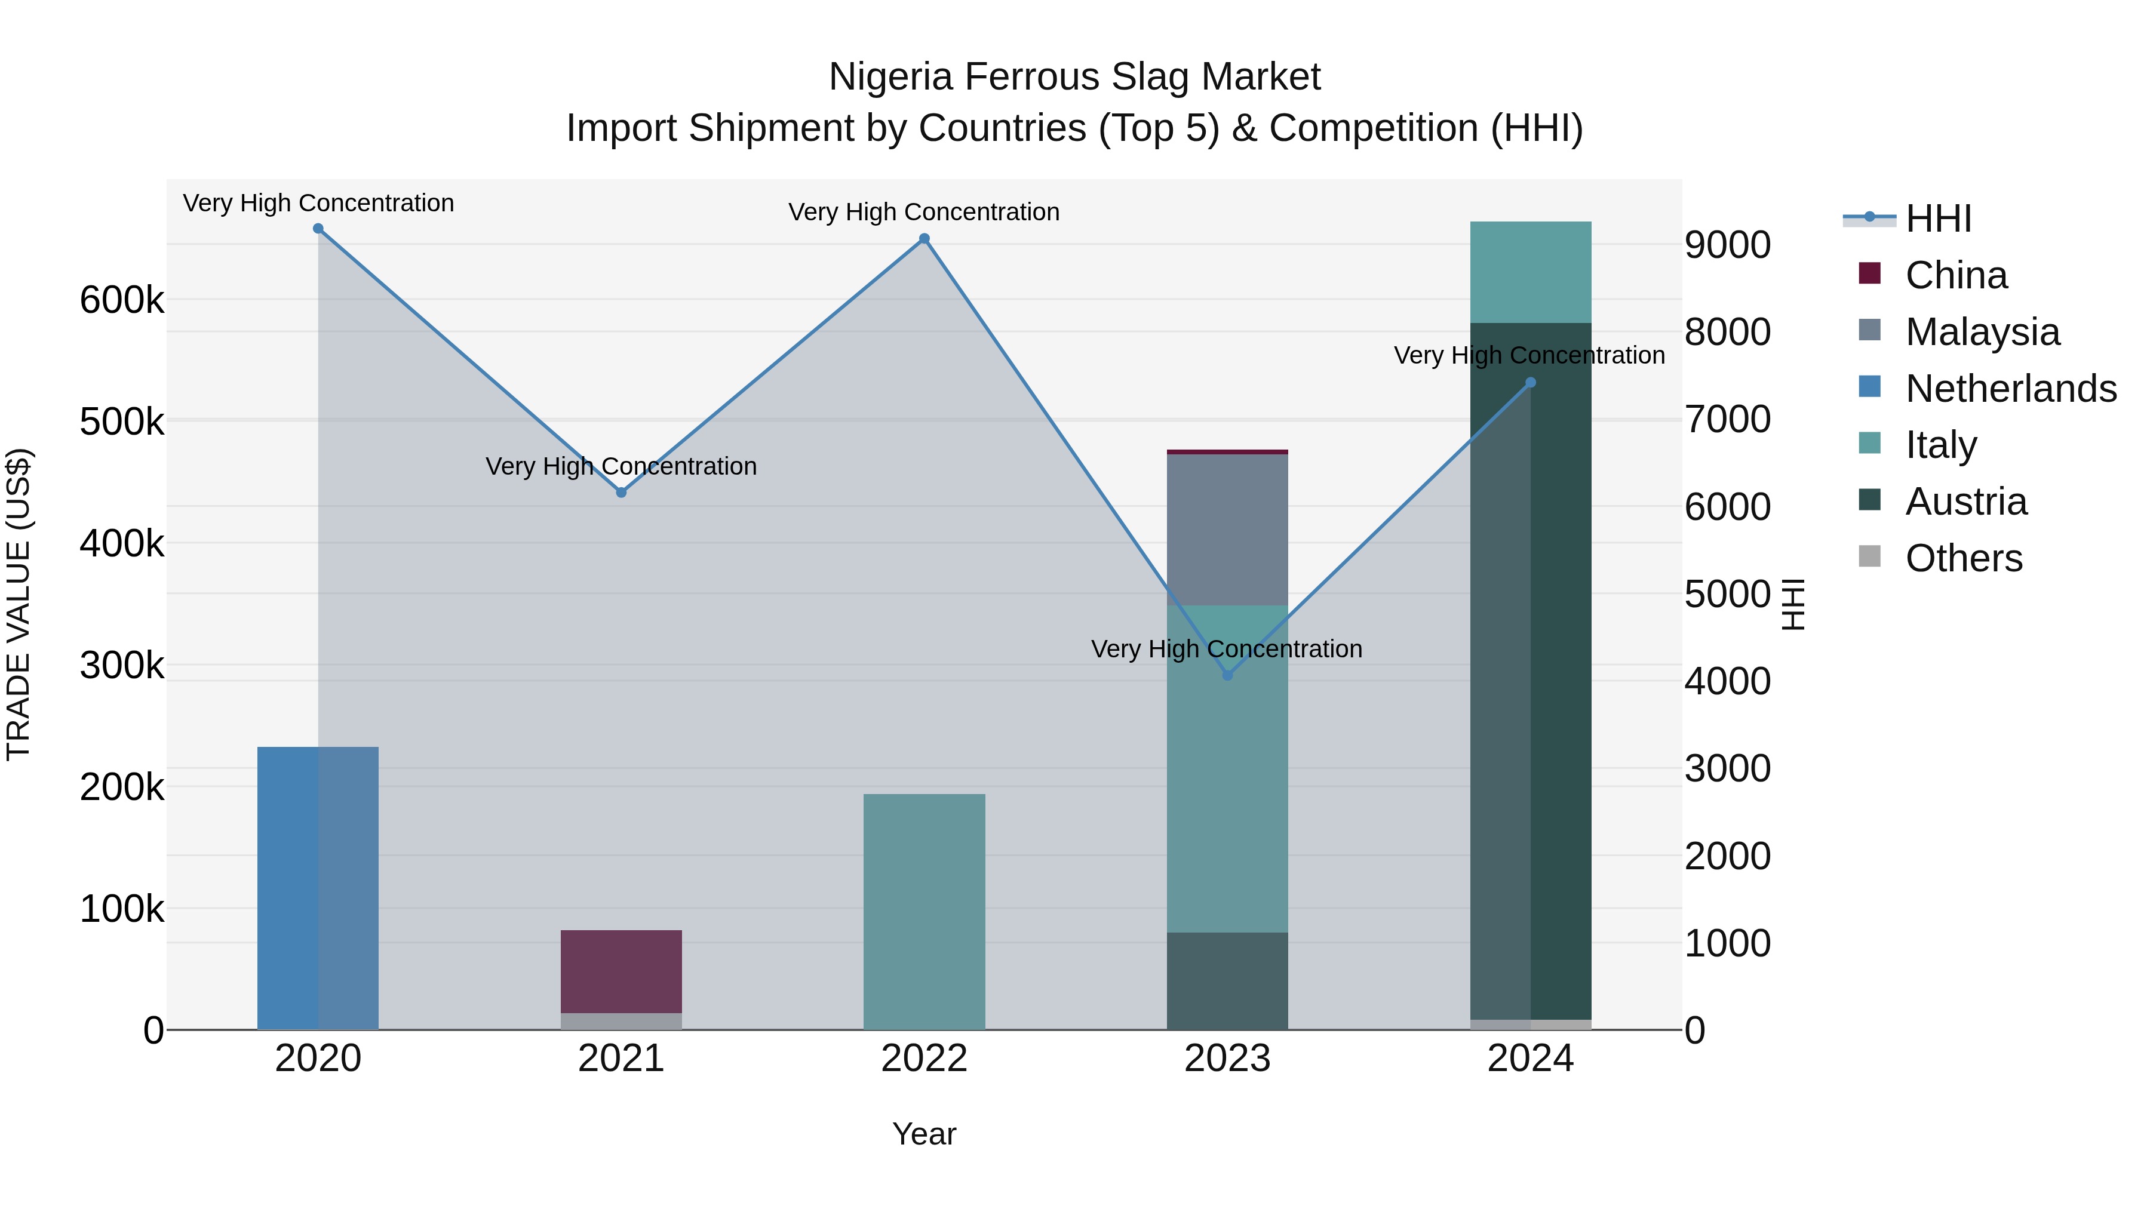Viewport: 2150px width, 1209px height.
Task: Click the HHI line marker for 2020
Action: (x=318, y=229)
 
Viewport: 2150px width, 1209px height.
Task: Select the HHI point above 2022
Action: (x=924, y=239)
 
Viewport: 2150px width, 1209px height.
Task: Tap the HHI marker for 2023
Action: (x=1227, y=675)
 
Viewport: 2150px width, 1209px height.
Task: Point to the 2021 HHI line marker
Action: (x=621, y=493)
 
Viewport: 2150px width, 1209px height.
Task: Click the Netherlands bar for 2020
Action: (x=317, y=888)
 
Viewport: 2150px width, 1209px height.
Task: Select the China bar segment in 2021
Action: (x=621, y=971)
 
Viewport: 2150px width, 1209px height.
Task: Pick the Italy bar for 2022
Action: (x=924, y=911)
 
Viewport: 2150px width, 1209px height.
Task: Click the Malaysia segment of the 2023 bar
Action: (x=1227, y=530)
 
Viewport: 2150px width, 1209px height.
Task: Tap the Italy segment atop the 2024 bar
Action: (x=1530, y=272)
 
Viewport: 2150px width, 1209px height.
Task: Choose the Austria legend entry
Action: (x=1965, y=502)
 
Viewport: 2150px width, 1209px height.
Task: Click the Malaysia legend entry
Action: (x=1982, y=332)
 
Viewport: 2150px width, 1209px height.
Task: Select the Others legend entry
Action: (x=1963, y=558)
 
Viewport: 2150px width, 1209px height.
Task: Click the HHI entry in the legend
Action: (x=1938, y=219)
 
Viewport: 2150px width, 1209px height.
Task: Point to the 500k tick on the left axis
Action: (x=122, y=422)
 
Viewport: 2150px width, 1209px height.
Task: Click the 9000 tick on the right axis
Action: (x=1727, y=245)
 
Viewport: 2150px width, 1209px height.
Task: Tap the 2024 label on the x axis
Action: (x=1530, y=1059)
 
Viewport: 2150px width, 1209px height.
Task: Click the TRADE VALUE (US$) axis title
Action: (x=19, y=604)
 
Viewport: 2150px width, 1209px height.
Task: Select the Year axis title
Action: (x=924, y=1134)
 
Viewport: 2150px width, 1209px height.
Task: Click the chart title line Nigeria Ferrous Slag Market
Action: (x=1074, y=77)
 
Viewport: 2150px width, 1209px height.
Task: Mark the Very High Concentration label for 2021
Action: (x=621, y=466)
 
